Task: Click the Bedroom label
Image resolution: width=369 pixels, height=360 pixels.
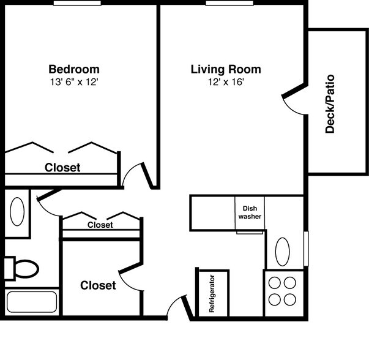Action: click(x=73, y=69)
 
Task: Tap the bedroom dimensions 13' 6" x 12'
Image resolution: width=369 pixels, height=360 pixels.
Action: click(x=73, y=82)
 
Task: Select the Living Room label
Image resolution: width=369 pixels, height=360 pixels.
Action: click(x=225, y=69)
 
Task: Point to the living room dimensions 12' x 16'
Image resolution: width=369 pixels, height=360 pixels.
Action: click(x=225, y=82)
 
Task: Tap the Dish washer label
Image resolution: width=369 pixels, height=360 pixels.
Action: click(x=250, y=212)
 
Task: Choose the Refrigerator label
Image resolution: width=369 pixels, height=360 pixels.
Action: click(x=212, y=294)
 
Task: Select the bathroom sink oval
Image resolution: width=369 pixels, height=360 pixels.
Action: click(x=18, y=212)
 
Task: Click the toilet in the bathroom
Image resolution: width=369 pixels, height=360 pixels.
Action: click(x=23, y=268)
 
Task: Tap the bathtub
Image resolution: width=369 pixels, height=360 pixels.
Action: click(x=31, y=302)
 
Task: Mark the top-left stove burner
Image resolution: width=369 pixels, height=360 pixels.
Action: click(x=274, y=283)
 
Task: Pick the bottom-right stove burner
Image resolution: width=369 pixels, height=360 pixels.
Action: click(x=290, y=299)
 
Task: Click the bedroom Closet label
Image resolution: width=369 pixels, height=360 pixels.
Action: click(x=62, y=167)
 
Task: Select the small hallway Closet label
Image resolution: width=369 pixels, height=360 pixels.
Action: click(x=100, y=225)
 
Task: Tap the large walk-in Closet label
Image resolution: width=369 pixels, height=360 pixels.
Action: click(x=98, y=285)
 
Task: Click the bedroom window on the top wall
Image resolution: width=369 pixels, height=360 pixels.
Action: click(x=77, y=3)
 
